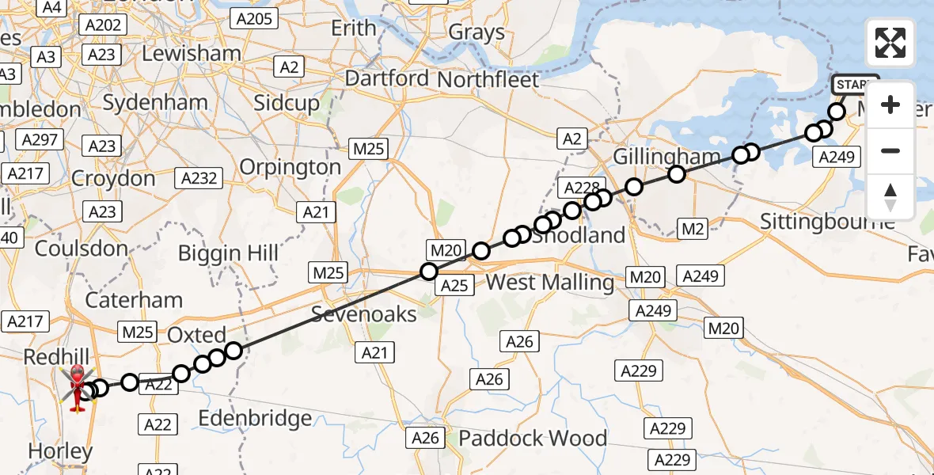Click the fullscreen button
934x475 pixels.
click(x=890, y=43)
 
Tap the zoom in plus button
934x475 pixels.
click(x=890, y=104)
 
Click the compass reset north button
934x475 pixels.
click(x=890, y=197)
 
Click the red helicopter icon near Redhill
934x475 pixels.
click(x=78, y=388)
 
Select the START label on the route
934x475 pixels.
click(x=855, y=85)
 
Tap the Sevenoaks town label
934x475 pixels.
click(x=364, y=314)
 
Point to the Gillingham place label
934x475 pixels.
click(x=667, y=157)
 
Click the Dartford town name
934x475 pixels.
click(x=388, y=79)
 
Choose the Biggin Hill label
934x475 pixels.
click(x=228, y=253)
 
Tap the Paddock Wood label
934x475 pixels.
click(x=533, y=438)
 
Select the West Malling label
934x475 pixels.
click(x=549, y=283)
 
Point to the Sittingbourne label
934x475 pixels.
click(x=827, y=221)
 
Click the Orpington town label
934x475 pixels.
click(x=290, y=168)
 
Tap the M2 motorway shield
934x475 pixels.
click(x=693, y=230)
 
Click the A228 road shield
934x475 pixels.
click(x=579, y=188)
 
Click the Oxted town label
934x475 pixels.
click(x=197, y=334)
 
